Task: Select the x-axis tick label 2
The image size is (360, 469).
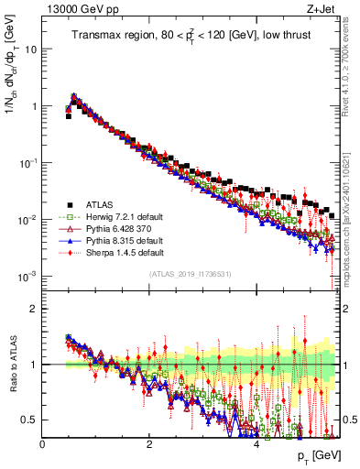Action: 149,443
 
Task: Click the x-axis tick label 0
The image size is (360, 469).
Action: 42,443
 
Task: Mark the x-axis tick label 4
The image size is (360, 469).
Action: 256,443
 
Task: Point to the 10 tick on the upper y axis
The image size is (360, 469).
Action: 29,49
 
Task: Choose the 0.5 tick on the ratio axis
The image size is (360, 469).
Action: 29,420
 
